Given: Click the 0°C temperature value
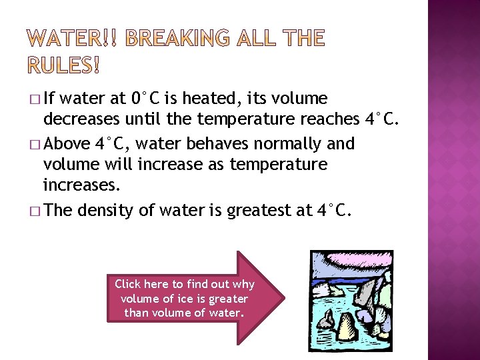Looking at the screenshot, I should click(x=146, y=99).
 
